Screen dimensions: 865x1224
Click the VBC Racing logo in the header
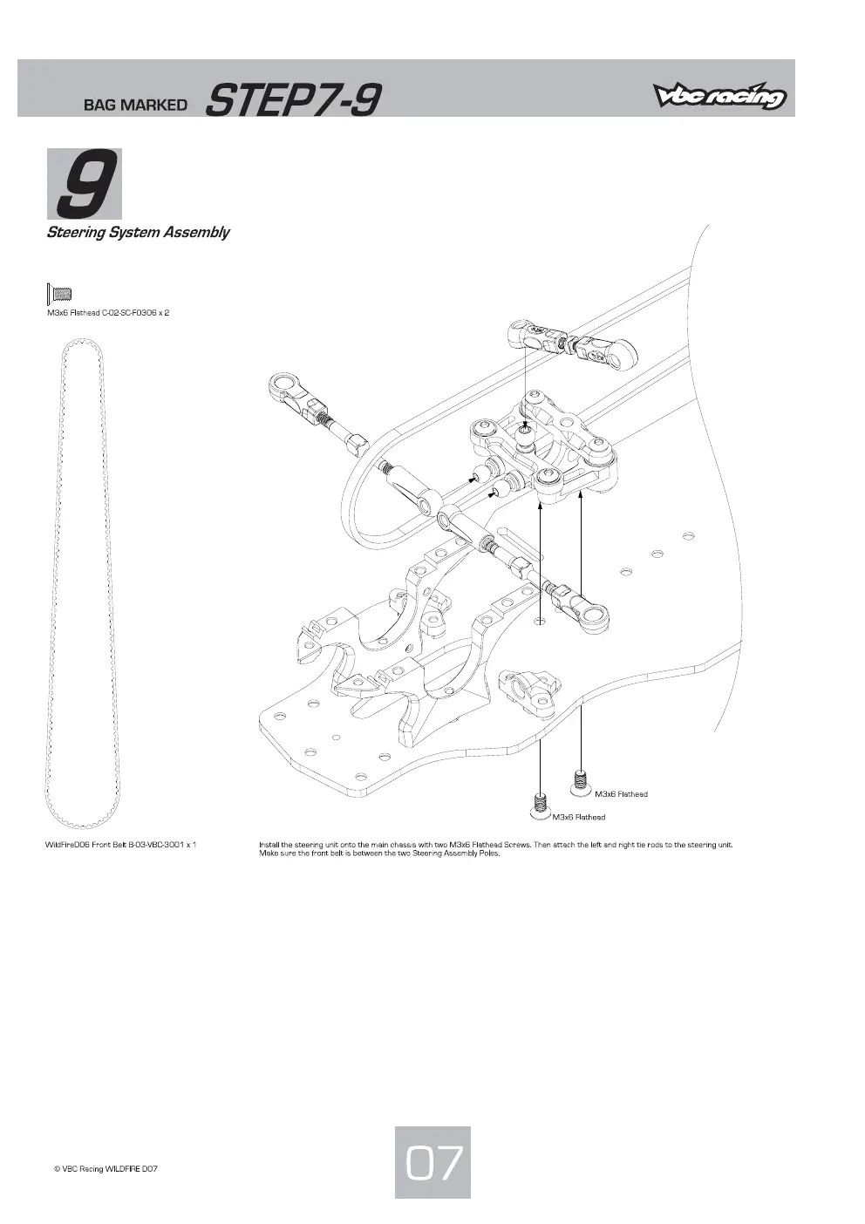coord(719,96)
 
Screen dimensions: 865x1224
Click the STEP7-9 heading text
coord(293,100)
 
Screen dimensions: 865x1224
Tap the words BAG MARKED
coord(135,105)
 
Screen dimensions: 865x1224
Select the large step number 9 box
coord(85,184)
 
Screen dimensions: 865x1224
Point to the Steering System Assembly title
coord(138,232)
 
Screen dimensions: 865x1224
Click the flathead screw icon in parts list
coord(59,294)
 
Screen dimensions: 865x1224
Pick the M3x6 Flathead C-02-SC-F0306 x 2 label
coord(108,313)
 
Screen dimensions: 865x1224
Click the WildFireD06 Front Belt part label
coord(120,844)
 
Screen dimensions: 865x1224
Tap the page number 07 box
coord(432,1162)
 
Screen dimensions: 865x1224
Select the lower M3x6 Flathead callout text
coord(579,817)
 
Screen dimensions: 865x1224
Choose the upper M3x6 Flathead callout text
coord(621,794)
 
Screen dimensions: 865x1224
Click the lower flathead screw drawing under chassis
coord(540,807)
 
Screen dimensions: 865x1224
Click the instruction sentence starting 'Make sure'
coord(379,853)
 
